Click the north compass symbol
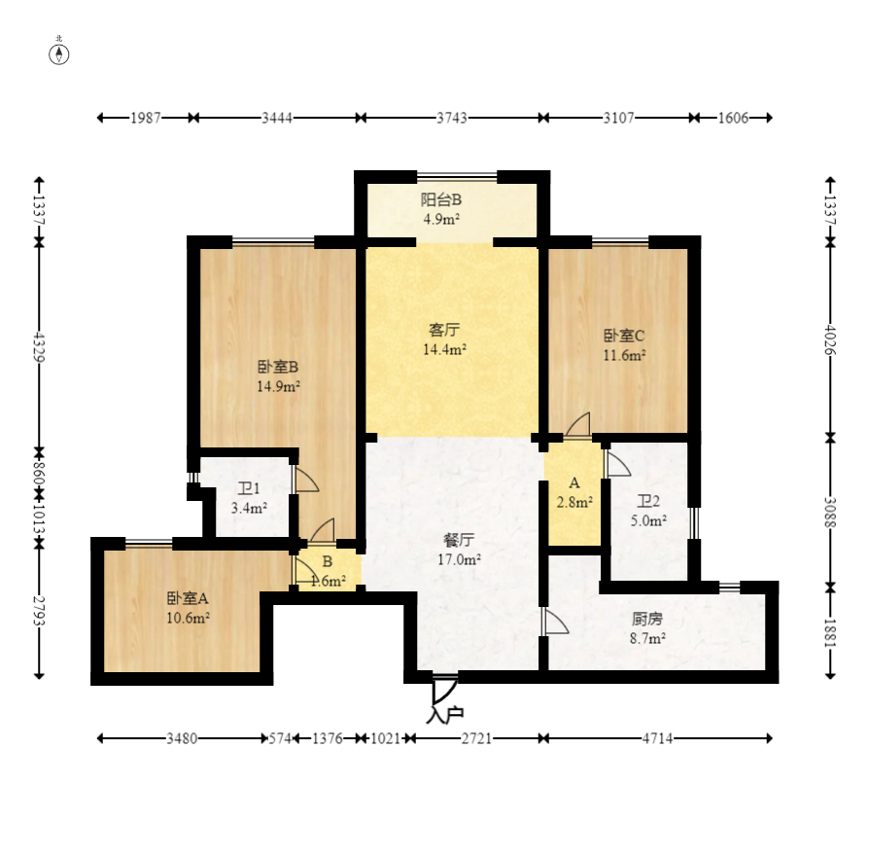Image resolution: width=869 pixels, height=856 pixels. pos(59,54)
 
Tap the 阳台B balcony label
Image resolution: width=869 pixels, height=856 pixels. pos(441,199)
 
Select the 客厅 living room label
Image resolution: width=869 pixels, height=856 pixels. pos(444,330)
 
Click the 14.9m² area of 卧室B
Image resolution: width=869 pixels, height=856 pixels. pos(278,386)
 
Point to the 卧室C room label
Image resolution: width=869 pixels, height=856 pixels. pos(624,336)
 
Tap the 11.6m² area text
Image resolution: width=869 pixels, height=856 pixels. pos(624,355)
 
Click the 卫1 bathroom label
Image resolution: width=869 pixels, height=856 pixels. pos(249,488)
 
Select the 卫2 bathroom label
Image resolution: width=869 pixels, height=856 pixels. pos(648,502)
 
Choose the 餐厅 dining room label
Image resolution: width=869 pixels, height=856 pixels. pos(459,540)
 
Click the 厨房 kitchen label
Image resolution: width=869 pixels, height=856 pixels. pos(647,619)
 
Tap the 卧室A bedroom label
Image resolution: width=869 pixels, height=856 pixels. pos(188,598)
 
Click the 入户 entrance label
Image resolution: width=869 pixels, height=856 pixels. pos(444,715)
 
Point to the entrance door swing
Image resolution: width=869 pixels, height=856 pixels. pos(444,691)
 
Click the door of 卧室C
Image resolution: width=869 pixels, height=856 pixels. pos(577,426)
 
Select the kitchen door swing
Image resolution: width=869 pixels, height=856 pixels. pos(556,622)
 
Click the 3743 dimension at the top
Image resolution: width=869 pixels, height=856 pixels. pos(452,118)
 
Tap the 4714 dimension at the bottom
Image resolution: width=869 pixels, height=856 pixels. pos(657,738)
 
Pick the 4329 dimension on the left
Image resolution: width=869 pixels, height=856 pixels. pos(39,346)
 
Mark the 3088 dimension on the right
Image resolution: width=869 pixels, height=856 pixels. pos(830,512)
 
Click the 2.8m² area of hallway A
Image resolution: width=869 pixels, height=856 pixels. pos(574,502)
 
